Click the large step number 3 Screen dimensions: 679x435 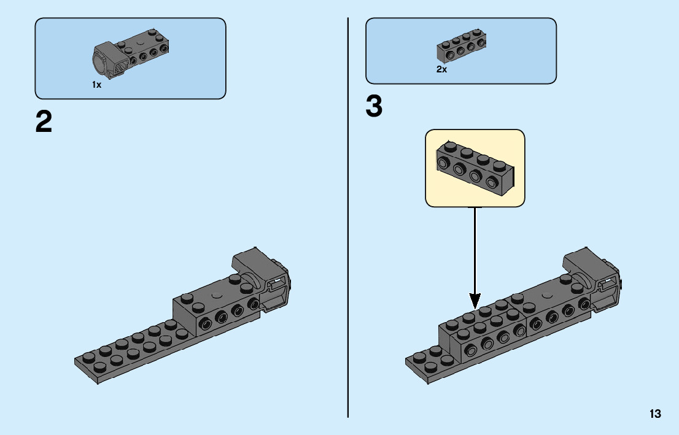tap(374, 106)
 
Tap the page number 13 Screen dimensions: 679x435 tap(655, 414)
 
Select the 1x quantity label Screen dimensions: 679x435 tap(96, 85)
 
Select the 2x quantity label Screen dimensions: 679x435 tap(441, 69)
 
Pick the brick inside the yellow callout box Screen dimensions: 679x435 tap(475, 168)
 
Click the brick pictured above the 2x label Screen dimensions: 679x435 tap(461, 46)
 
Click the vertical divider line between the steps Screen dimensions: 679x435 tap(347, 218)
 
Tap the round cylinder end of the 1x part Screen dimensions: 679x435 tap(100, 64)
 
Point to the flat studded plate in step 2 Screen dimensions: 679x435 tap(135, 350)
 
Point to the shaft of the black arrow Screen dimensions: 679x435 tap(475, 250)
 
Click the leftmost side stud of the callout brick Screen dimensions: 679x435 tap(443, 163)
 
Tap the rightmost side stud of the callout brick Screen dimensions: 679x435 tap(492, 182)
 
